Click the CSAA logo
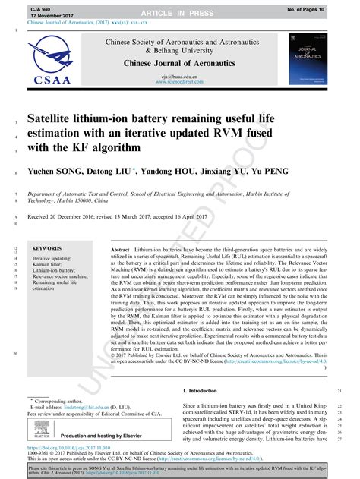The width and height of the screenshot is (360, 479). click(x=55, y=64)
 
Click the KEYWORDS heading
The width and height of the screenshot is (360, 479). click(x=48, y=249)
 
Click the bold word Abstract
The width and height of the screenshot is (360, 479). click(x=120, y=249)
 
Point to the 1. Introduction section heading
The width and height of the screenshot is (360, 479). click(x=201, y=390)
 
